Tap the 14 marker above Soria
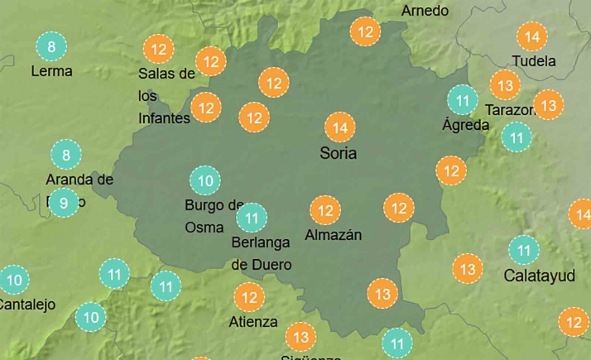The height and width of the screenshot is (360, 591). point(339,127)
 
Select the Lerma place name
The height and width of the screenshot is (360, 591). point(51,71)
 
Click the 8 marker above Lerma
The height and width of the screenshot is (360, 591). point(51,46)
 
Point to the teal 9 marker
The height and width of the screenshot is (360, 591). point(64,203)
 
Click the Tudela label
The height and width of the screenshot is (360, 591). point(534,61)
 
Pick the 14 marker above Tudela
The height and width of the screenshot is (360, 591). point(531,36)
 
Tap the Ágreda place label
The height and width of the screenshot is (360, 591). point(466,126)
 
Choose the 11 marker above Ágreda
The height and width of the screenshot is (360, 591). point(462,100)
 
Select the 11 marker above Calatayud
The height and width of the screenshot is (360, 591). point(523,249)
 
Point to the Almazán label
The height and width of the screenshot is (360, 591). point(334,235)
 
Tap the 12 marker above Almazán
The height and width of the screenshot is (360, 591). point(325,210)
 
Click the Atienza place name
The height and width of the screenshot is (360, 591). point(254,321)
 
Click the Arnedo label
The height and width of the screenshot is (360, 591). point(425,11)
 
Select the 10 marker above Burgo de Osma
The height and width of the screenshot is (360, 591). point(205,180)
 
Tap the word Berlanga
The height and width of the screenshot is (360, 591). point(261,242)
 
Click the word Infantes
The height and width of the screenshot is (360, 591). point(164,118)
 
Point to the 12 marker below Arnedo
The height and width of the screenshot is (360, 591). point(364,32)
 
